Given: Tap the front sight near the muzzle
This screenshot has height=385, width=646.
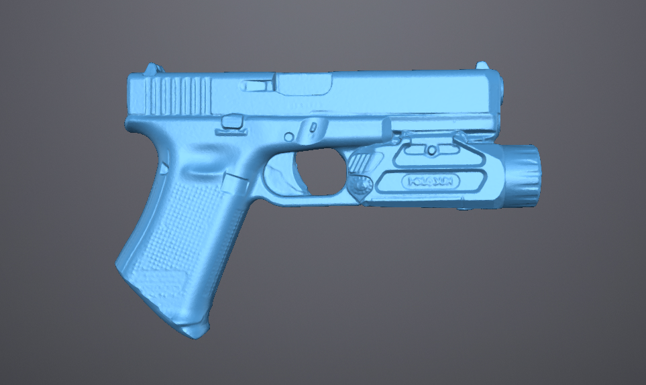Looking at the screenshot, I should pyautogui.click(x=482, y=65).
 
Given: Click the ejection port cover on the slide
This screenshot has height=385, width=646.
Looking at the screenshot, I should pyautogui.click(x=305, y=85).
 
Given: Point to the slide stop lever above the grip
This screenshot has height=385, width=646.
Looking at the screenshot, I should pyautogui.click(x=232, y=121).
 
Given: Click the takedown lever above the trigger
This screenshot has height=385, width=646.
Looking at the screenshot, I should pyautogui.click(x=311, y=126).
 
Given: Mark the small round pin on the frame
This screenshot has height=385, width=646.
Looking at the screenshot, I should pyautogui.click(x=288, y=137).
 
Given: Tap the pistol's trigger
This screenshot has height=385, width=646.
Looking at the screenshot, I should pyautogui.click(x=297, y=173).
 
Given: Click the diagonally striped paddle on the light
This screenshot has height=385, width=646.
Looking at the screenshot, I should pyautogui.click(x=364, y=162).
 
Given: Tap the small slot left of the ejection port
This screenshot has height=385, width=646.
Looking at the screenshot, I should pyautogui.click(x=254, y=86).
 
